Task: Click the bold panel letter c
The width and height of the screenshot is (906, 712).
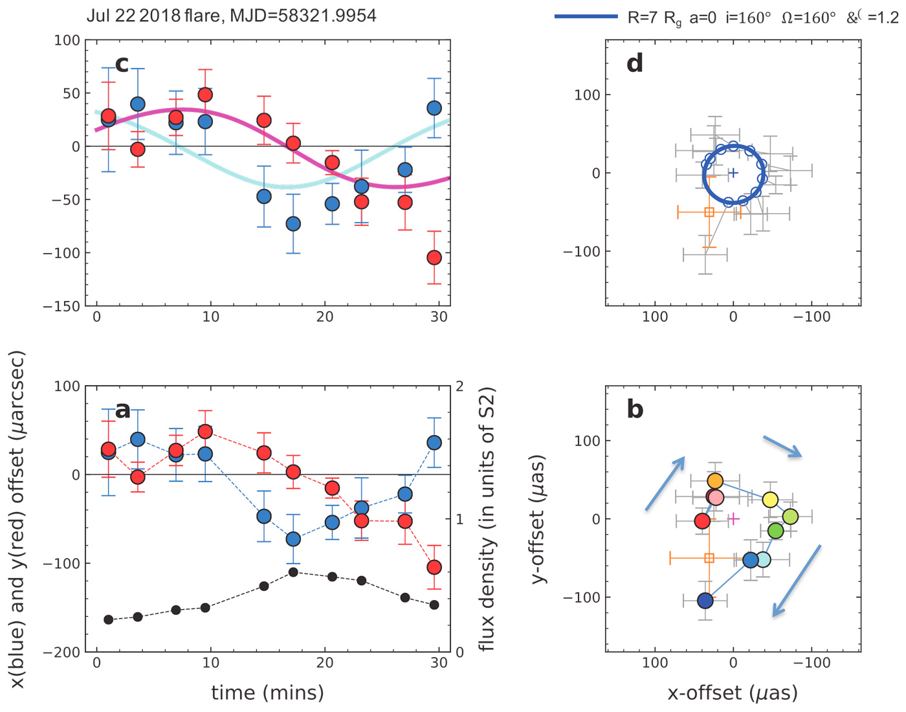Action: tap(122, 63)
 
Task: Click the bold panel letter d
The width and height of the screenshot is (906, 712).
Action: tap(635, 63)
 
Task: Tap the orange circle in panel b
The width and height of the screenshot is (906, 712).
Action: tap(714, 481)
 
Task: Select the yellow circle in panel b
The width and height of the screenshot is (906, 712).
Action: tap(770, 500)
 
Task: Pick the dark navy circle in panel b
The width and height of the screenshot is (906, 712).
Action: tap(705, 601)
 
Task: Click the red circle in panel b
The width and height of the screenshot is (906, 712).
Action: tap(702, 520)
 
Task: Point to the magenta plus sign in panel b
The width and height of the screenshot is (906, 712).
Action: tap(734, 518)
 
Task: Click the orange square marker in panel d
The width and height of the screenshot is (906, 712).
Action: tap(709, 212)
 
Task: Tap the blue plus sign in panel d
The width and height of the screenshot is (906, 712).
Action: tap(733, 173)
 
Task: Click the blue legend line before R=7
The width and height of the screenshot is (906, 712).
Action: tap(586, 17)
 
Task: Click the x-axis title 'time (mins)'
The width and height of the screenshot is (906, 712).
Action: tap(267, 693)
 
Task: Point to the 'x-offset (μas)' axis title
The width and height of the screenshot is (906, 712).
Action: tap(733, 693)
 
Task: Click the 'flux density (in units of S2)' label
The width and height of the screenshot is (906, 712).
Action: tap(487, 519)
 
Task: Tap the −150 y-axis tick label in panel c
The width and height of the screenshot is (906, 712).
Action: tap(62, 306)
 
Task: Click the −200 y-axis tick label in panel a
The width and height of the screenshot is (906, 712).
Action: tap(62, 652)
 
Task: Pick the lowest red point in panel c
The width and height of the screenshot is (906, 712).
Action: tap(434, 258)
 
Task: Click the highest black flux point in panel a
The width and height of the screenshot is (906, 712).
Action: tap(293, 572)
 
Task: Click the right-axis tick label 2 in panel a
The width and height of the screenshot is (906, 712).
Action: tap(459, 386)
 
